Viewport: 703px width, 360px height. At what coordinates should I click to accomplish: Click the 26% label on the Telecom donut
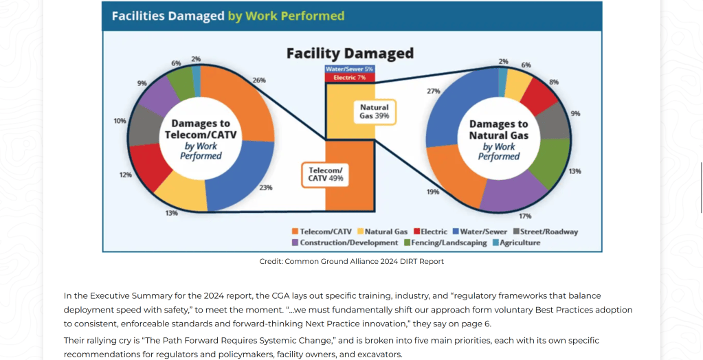pyautogui.click(x=259, y=80)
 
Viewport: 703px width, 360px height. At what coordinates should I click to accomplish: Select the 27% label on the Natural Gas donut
pyautogui.click(x=434, y=91)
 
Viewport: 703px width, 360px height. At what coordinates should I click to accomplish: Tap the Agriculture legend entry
pyautogui.click(x=516, y=243)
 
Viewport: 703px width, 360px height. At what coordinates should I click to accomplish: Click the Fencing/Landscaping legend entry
pyautogui.click(x=445, y=243)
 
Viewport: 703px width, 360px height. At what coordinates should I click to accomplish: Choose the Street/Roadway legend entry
pyautogui.click(x=546, y=232)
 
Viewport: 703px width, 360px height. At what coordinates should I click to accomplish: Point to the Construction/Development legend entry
pyautogui.click(x=345, y=243)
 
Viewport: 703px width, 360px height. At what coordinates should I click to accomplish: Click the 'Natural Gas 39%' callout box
pyautogui.click(x=375, y=111)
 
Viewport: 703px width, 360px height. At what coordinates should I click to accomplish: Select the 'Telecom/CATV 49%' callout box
pyautogui.click(x=326, y=175)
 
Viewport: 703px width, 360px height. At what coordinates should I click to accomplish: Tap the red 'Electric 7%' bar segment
pyautogui.click(x=350, y=78)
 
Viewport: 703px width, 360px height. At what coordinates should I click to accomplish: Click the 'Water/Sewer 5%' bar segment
pyautogui.click(x=350, y=69)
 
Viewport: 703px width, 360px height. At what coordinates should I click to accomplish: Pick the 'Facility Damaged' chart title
pyautogui.click(x=350, y=53)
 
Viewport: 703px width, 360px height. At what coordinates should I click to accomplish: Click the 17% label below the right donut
pyautogui.click(x=525, y=216)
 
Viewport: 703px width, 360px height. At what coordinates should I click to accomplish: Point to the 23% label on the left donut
pyautogui.click(x=266, y=188)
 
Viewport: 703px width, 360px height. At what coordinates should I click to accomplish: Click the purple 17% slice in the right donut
pyautogui.click(x=513, y=190)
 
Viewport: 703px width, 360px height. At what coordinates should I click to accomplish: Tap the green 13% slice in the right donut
pyautogui.click(x=550, y=163)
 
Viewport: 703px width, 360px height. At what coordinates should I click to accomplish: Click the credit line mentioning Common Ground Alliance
pyautogui.click(x=352, y=261)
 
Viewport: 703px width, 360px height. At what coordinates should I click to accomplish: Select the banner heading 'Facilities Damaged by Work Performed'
pyautogui.click(x=228, y=16)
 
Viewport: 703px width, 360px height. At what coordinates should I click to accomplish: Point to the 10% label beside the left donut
pyautogui.click(x=120, y=121)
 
